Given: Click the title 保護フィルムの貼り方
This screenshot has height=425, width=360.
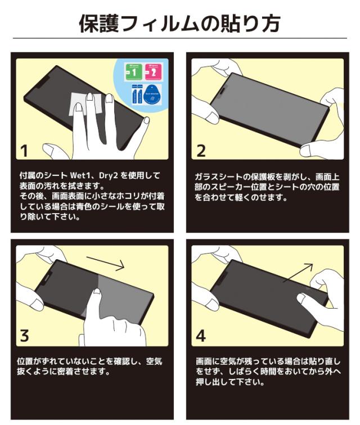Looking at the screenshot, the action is [179, 24].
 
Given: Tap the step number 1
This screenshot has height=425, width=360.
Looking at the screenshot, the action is [24, 151].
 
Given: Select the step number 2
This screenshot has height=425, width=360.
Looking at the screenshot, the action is [201, 151].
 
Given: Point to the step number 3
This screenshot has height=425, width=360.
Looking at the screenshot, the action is [24, 336].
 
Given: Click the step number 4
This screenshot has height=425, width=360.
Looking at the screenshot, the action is [201, 336].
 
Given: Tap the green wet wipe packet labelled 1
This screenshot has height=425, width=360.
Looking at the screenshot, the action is [133, 72].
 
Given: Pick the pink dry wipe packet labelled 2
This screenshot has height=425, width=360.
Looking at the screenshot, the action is [154, 72].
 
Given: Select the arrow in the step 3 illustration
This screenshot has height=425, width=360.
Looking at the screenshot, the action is [105, 264].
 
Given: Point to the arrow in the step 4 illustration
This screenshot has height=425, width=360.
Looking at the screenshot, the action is [298, 273].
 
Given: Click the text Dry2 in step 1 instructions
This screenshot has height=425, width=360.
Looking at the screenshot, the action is [108, 175].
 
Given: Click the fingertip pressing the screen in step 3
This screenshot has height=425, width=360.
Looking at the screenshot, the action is [96, 293].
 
